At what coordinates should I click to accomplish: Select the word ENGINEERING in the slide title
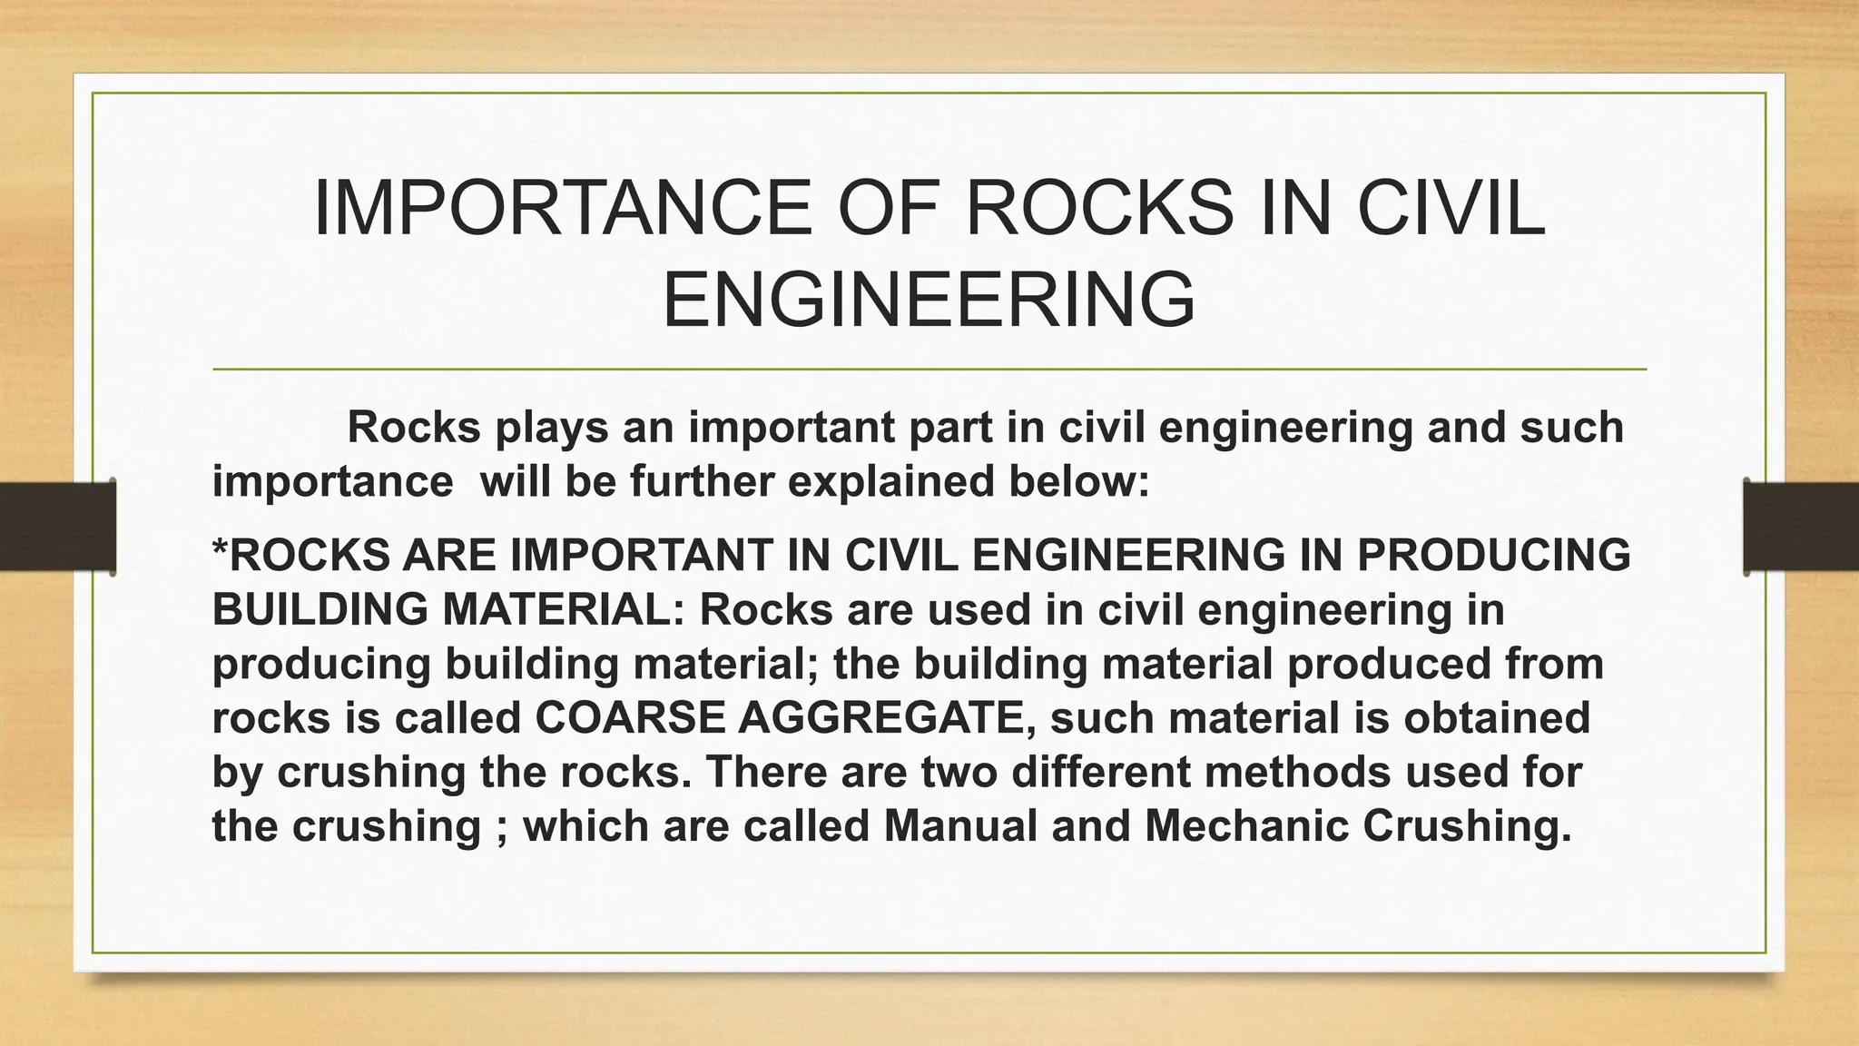929,301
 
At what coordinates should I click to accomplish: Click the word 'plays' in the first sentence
551,428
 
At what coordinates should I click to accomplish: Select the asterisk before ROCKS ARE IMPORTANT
220,549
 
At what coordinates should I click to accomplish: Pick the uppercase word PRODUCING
1494,556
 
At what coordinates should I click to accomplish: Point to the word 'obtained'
1497,718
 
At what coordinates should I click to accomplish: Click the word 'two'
959,773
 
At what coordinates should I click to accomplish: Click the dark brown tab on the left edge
57,527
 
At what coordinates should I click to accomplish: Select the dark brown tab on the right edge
1801,527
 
